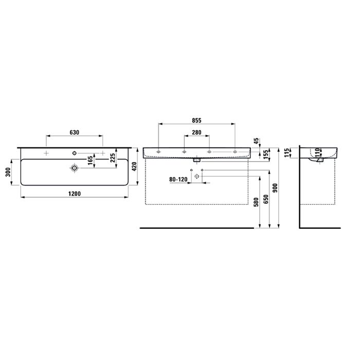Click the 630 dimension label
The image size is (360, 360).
click(x=75, y=133)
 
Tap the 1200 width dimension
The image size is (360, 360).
click(x=75, y=194)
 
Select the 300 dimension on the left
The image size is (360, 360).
click(x=8, y=172)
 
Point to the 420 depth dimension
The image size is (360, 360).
click(x=134, y=167)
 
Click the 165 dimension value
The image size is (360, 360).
click(x=91, y=160)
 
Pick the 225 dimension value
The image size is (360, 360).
click(x=113, y=158)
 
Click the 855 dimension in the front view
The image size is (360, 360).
click(x=196, y=120)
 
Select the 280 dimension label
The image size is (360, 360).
click(x=196, y=133)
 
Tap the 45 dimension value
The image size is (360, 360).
click(x=257, y=141)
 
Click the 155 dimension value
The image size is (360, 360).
click(x=266, y=154)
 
